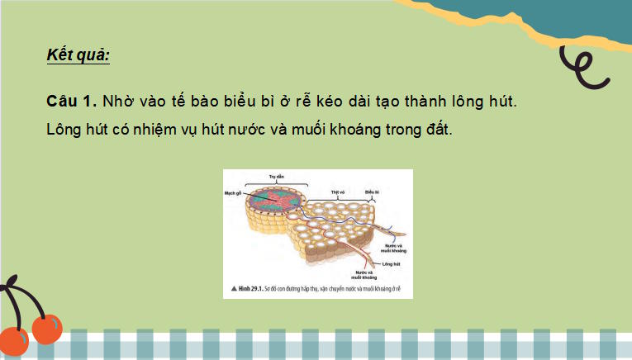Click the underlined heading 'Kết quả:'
click(78, 56)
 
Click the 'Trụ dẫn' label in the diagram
click(277, 176)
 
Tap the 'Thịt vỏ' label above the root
click(337, 192)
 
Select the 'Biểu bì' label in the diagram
click(371, 192)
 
